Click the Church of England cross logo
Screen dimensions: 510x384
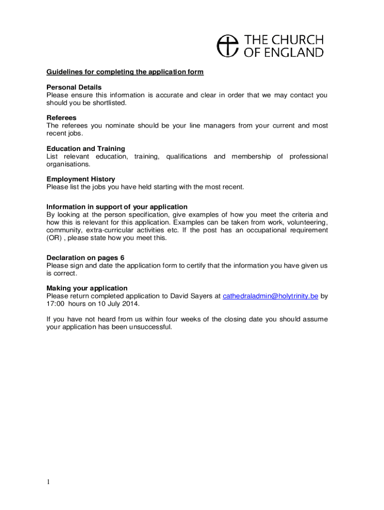pyautogui.click(x=228, y=45)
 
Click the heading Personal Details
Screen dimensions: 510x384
pyautogui.click(x=74, y=87)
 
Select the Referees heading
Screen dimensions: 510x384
pyautogui.click(x=61, y=118)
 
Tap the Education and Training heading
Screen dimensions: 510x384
pyautogui.click(x=86, y=148)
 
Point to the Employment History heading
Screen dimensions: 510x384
pyautogui.click(x=81, y=179)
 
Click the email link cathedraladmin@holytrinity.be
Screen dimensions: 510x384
pyautogui.click(x=270, y=296)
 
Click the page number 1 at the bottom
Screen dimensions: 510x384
pyautogui.click(x=48, y=482)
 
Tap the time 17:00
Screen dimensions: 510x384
pyautogui.click(x=55, y=304)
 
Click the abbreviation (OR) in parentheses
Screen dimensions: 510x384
pyautogui.click(x=54, y=238)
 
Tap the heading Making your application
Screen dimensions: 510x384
pyautogui.click(x=87, y=288)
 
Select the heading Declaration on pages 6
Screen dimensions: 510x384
pyautogui.click(x=85, y=257)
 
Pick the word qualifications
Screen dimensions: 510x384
pyautogui.click(x=187, y=156)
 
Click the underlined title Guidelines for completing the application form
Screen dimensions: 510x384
pyautogui.click(x=125, y=72)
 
